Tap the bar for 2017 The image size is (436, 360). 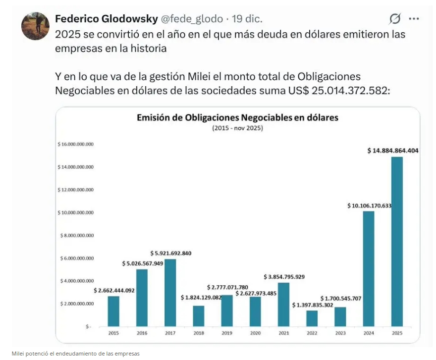point(170,293)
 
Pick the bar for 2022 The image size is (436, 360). point(312,318)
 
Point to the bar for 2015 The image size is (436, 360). point(113,311)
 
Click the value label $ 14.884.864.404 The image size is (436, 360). point(393,151)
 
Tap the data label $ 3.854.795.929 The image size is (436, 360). point(284,276)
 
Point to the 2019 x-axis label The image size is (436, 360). point(227,333)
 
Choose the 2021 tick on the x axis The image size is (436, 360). point(283,333)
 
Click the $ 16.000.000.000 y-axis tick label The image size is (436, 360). point(76,144)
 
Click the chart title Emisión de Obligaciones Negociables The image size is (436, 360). point(237,118)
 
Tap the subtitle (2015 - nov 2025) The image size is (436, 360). point(237,128)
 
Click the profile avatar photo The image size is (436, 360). point(35,26)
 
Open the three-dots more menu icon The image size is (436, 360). point(414,19)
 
